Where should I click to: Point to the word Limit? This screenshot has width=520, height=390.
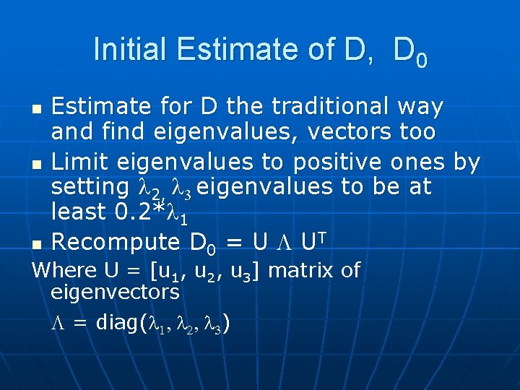80,162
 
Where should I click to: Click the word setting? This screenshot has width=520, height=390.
89,187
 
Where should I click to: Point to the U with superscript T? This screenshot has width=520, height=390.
314,240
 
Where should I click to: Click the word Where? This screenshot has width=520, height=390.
65,270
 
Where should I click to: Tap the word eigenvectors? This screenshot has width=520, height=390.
115,292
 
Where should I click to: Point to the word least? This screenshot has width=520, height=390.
79,212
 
